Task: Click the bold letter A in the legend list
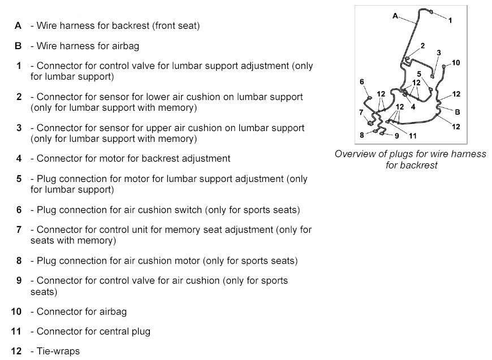[x=18, y=25]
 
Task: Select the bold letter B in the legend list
[x=18, y=46]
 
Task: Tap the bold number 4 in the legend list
[x=19, y=158]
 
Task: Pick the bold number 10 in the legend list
[x=16, y=311]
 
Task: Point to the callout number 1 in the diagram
[x=450, y=20]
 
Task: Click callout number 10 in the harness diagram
[x=456, y=63]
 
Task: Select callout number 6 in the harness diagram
[x=362, y=82]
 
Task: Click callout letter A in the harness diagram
[x=395, y=16]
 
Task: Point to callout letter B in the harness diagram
[x=458, y=112]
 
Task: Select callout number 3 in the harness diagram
[x=438, y=53]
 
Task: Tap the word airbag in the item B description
[x=126, y=46]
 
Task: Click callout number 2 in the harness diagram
[x=422, y=45]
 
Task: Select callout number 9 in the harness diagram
[x=397, y=136]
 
